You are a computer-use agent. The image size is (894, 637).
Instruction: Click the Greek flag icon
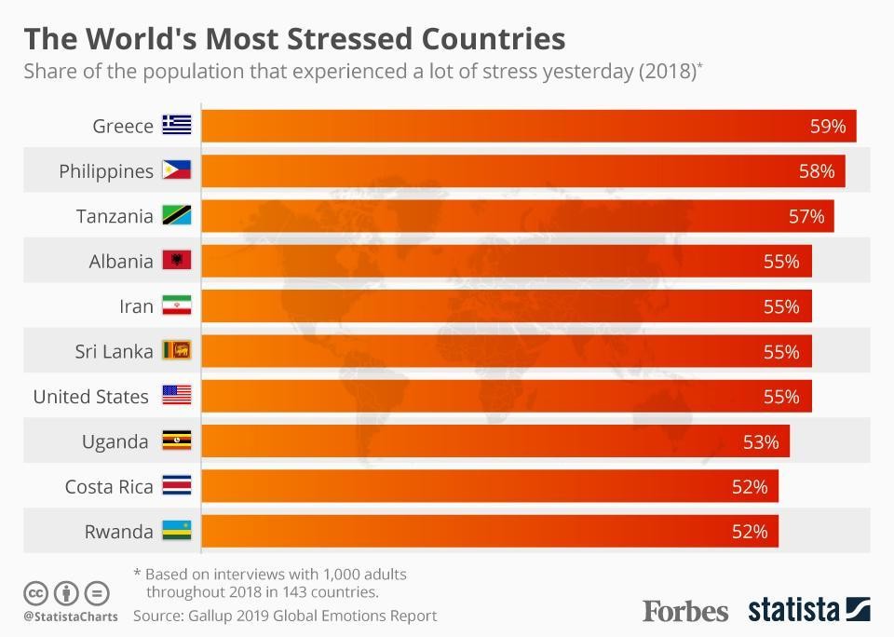click(177, 126)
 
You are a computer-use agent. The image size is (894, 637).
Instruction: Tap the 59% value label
click(827, 126)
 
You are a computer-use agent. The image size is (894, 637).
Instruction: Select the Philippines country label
click(106, 171)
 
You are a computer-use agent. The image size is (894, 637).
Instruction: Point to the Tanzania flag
click(177, 216)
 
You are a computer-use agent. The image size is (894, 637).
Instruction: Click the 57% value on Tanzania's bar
click(806, 216)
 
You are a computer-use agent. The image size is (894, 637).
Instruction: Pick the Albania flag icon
click(177, 261)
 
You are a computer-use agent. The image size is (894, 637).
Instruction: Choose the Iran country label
click(136, 306)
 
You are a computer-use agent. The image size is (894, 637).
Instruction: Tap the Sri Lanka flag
click(177, 351)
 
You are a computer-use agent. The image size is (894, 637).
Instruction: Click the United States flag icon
click(177, 396)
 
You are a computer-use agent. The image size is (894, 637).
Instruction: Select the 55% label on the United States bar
click(781, 397)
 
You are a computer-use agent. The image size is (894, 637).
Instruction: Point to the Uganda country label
click(115, 441)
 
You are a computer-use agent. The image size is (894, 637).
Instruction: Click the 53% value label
click(761, 441)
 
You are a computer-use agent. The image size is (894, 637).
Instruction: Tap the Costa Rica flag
click(177, 486)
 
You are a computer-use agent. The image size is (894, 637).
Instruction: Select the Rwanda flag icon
click(177, 532)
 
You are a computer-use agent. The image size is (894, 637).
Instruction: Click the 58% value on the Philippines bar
click(816, 171)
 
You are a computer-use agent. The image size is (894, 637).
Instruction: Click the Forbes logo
click(685, 611)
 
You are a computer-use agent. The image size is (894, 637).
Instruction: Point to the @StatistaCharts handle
click(71, 617)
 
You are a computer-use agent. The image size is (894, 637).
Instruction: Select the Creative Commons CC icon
click(36, 592)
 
